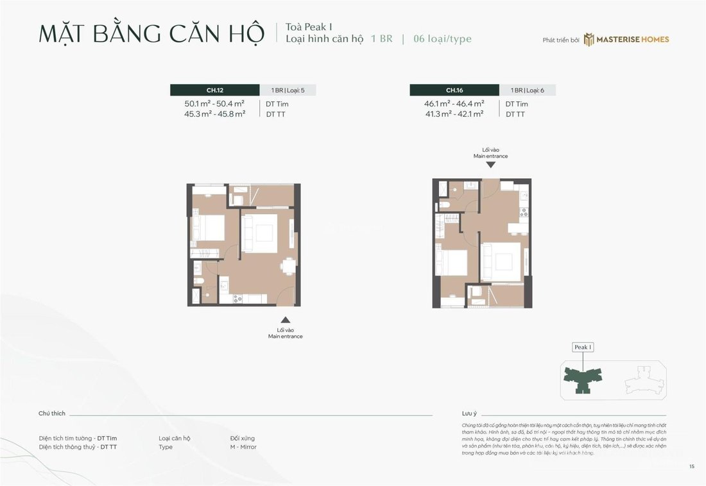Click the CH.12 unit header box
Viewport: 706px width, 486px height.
(215, 90)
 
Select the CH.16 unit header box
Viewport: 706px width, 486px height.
(454, 90)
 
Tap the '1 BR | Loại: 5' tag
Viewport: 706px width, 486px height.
(288, 90)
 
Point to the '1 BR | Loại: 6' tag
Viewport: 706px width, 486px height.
(527, 90)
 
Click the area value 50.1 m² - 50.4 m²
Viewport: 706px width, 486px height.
(214, 103)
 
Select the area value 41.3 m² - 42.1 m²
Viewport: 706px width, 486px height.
(454, 114)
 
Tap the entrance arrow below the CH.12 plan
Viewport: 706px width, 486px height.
(285, 319)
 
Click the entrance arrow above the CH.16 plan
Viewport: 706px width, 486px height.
(490, 165)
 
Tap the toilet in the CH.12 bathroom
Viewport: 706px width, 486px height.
(200, 282)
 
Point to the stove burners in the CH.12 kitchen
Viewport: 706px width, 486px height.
(238, 298)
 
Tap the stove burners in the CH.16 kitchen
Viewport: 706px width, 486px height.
(524, 211)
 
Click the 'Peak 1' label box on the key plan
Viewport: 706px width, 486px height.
(582, 347)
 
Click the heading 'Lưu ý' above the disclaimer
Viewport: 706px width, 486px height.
(470, 414)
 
